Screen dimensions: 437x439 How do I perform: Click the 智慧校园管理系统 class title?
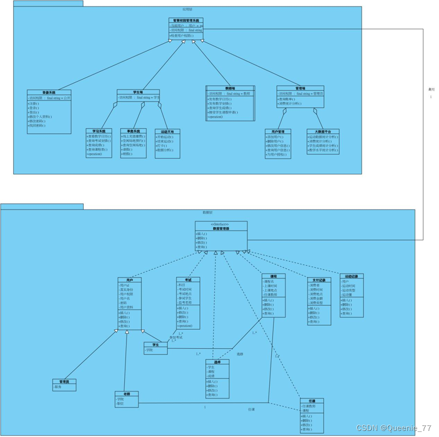[186, 20]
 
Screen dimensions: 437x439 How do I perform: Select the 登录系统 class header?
[49, 92]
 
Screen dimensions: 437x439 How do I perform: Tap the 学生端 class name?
[138, 92]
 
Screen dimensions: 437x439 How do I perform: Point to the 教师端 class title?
[230, 88]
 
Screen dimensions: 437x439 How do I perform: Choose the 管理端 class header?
[300, 88]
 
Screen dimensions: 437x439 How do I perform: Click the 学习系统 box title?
[99, 131]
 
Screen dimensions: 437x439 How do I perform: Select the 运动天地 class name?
[167, 131]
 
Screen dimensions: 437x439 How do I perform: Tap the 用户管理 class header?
[278, 131]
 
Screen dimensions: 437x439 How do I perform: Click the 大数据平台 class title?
[323, 131]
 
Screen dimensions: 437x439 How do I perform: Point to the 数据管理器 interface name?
[221, 229]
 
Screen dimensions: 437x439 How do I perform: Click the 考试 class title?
[188, 279]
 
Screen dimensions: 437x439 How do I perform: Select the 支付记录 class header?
[319, 279]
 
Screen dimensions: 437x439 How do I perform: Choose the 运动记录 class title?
[351, 276]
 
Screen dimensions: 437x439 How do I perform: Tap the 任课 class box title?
[311, 401]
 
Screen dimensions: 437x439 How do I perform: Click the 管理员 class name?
[65, 381]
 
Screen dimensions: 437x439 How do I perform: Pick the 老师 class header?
[127, 394]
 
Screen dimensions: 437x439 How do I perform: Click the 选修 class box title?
[217, 362]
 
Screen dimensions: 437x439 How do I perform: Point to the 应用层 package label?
[187, 9]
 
